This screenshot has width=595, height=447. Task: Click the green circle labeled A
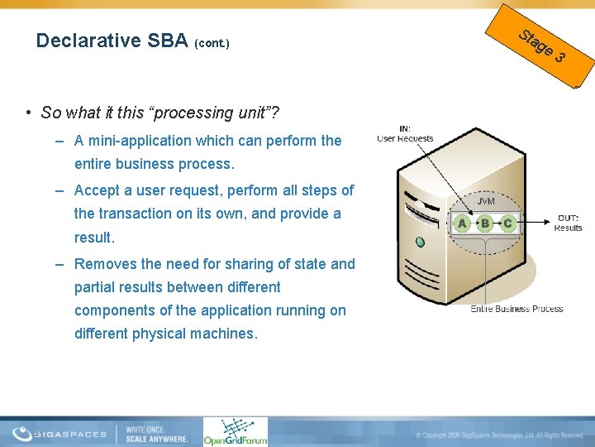pos(462,223)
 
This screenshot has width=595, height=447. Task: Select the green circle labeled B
pos(485,223)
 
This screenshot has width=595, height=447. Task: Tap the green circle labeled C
pos(507,223)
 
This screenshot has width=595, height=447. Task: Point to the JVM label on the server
pos(486,200)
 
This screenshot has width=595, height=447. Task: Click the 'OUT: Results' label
pos(568,223)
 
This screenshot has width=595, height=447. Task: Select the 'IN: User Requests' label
pos(405,133)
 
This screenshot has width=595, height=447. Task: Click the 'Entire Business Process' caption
pos(516,309)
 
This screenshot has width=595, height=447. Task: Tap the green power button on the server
pos(420,243)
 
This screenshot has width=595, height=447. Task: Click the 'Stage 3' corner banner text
pos(542,46)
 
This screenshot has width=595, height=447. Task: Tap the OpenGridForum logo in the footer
pos(236,431)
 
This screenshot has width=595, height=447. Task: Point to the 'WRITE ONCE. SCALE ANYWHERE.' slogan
pos(156,433)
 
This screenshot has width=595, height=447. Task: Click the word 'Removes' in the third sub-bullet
pos(103,264)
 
